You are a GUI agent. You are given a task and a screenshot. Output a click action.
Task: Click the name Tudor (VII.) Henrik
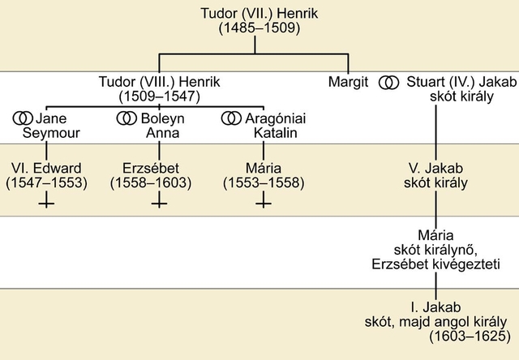coord(259,14)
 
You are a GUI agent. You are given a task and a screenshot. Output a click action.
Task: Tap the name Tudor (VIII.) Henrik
coord(159,83)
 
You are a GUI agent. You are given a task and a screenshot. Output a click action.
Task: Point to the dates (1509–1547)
coord(159,97)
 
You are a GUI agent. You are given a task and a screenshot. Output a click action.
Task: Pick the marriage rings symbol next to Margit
coord(390,83)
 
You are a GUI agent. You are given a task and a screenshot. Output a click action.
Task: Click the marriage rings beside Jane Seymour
coord(22,118)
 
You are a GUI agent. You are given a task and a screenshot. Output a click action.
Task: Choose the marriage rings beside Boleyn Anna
coord(126,118)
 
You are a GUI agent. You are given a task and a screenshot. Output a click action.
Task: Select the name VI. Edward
coord(46,168)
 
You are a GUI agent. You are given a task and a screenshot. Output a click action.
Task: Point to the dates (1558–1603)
coord(151,182)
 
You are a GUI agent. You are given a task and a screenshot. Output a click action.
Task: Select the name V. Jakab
coord(437,168)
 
